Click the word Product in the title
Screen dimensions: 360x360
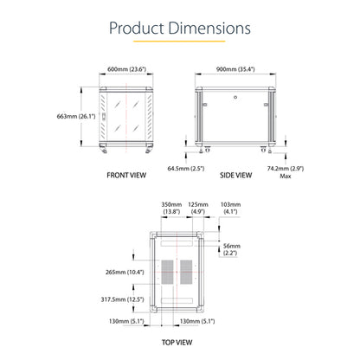[137, 29]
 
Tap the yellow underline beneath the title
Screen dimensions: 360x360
[179, 42]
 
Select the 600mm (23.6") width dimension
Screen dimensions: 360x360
[126, 69]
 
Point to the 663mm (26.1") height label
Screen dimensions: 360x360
[76, 116]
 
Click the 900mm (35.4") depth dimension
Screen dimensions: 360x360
[235, 69]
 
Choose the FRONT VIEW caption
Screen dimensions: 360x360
[126, 176]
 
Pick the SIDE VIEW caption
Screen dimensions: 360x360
[235, 176]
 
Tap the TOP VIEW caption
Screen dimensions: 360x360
[177, 343]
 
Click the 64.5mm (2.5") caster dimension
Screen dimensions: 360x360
[186, 168]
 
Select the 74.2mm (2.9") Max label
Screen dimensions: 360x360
[286, 172]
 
